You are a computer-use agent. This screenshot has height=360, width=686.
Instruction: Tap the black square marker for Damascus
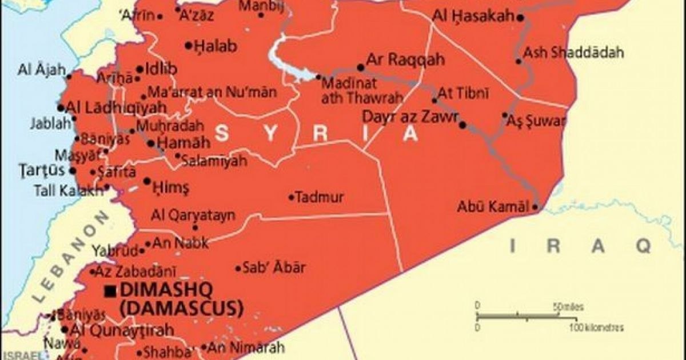tap(110, 291)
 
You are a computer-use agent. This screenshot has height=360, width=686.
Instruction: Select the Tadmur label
tap(321, 198)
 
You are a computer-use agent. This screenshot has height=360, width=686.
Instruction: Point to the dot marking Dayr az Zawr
tap(462, 125)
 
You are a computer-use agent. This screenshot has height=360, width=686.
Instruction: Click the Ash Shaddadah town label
tap(573, 53)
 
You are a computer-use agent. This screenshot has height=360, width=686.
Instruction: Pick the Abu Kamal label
tap(493, 207)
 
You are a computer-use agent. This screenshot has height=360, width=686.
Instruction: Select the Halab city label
tap(216, 47)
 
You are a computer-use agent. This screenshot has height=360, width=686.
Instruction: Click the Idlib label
tap(161, 69)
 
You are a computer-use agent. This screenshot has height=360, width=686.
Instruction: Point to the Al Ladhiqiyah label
tap(117, 107)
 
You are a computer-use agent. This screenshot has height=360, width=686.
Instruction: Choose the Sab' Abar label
tap(274, 267)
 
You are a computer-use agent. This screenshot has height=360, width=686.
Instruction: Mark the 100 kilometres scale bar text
tap(596, 328)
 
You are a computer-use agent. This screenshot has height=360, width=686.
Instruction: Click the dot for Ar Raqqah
tap(361, 67)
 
